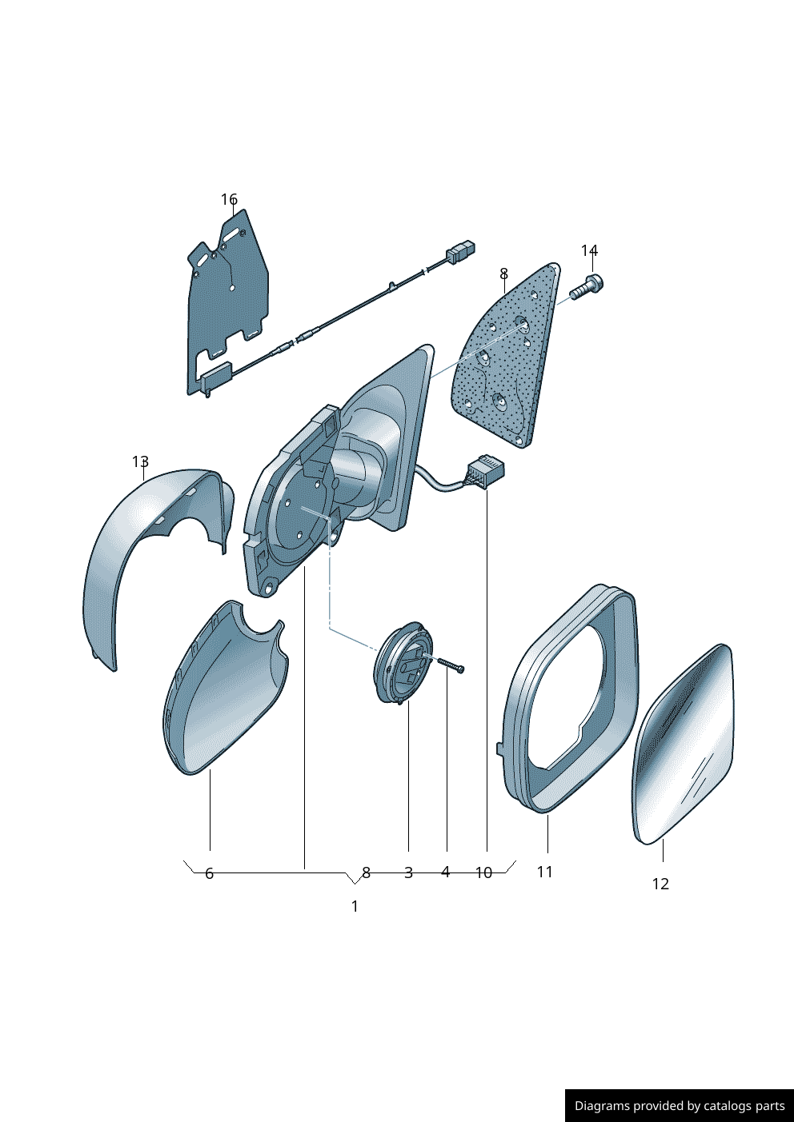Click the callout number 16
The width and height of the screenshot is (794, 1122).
tap(229, 199)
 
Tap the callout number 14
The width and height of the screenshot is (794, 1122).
tap(589, 250)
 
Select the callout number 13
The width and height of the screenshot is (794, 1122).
tap(140, 461)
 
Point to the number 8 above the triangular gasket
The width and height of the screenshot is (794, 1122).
tap(503, 274)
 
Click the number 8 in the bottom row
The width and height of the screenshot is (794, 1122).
tap(367, 872)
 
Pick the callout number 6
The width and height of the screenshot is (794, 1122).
tap(210, 873)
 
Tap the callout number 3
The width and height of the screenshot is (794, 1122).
tap(408, 872)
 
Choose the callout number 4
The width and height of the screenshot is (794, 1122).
tap(446, 872)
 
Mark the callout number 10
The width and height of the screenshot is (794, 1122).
tap(484, 872)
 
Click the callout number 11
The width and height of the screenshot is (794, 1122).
tap(545, 872)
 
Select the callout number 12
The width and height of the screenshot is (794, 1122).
tap(660, 884)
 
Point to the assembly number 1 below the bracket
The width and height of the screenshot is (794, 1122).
tap(355, 906)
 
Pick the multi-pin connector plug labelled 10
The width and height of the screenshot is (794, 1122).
tap(486, 469)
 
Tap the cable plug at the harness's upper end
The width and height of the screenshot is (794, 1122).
tap(460, 252)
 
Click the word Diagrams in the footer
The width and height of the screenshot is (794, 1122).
tap(602, 1106)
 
